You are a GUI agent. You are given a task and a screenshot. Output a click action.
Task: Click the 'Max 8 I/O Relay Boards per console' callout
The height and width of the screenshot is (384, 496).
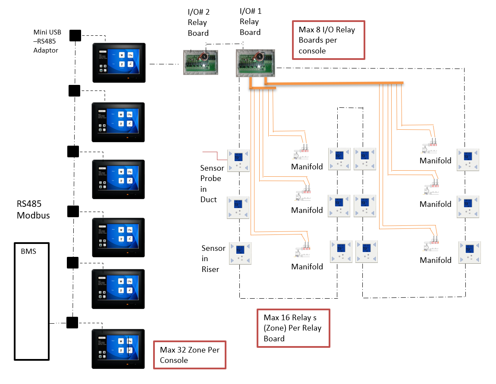click(328, 40)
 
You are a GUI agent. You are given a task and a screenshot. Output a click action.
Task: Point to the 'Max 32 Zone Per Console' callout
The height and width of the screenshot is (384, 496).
click(190, 355)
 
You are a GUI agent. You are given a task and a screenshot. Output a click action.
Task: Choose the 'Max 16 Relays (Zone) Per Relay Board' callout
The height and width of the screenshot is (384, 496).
click(293, 328)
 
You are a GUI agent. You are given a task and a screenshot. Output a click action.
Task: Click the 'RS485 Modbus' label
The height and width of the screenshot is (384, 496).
click(33, 210)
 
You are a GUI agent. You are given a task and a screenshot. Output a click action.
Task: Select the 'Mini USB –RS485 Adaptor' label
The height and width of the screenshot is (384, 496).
click(47, 41)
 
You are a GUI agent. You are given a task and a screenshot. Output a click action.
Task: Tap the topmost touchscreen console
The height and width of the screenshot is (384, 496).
click(119, 63)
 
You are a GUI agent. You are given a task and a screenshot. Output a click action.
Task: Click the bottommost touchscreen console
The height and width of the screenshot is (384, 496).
click(119, 349)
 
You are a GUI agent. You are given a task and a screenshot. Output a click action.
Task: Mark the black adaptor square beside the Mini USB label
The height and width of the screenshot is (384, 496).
click(75, 35)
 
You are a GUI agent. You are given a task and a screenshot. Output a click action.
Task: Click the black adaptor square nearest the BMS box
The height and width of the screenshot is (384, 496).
click(72, 322)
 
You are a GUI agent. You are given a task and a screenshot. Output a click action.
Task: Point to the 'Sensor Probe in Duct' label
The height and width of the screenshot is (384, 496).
click(211, 184)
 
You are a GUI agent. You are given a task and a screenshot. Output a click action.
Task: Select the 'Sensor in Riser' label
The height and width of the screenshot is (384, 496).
click(213, 259)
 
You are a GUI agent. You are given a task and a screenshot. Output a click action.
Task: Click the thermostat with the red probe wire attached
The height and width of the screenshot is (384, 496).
click(239, 160)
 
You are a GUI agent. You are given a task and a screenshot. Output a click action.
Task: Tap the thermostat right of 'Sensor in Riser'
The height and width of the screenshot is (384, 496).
click(240, 253)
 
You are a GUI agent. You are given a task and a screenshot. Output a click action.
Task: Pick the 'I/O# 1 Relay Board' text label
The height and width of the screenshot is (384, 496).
click(250, 22)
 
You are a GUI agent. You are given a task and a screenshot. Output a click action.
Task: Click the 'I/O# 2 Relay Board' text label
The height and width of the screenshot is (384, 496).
click(198, 22)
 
